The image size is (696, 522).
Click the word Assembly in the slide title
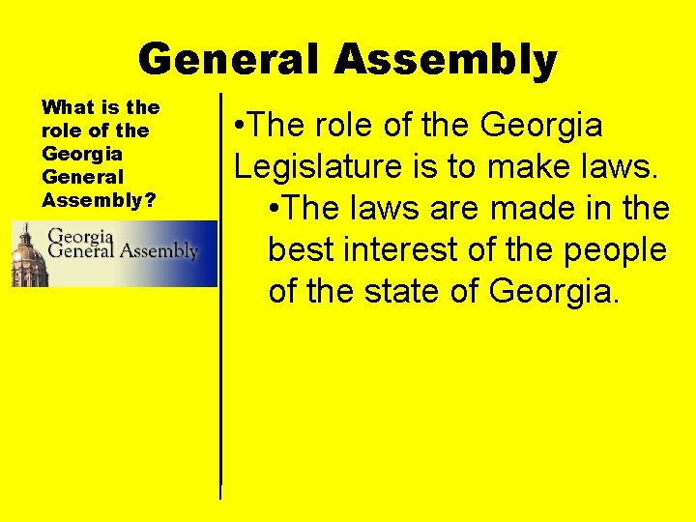point(446,60)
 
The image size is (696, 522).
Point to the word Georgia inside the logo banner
point(80,235)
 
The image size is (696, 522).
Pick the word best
point(298,249)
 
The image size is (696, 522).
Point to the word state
point(406,290)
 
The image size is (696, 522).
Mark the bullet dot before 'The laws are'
point(275,208)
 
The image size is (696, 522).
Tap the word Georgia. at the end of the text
point(553,290)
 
